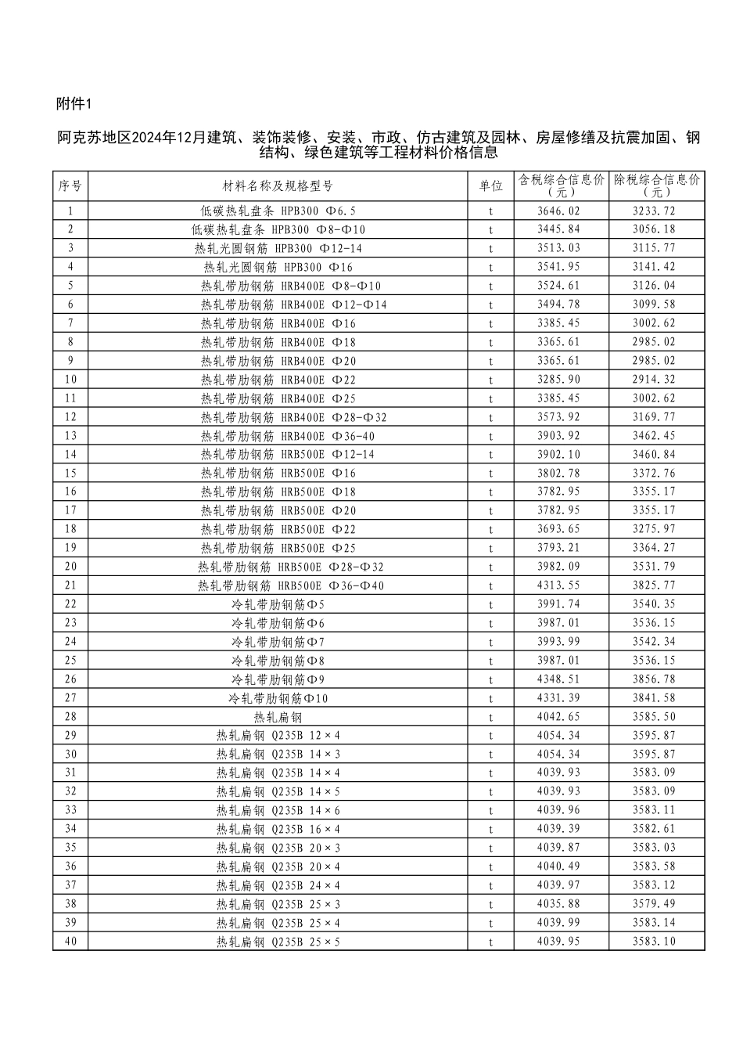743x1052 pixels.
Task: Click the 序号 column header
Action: point(70,186)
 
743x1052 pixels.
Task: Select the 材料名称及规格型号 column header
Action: point(278,186)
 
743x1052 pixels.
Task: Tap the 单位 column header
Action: point(490,186)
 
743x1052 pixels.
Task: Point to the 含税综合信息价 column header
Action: point(561,186)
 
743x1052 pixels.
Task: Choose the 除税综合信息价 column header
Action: point(657,186)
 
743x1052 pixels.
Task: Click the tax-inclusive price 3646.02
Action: point(559,211)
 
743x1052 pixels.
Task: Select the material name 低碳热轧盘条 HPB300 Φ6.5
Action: point(278,211)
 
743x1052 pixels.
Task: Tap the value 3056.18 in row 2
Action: point(654,229)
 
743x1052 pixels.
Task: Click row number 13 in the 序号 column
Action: point(70,436)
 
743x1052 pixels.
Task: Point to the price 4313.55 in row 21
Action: point(559,585)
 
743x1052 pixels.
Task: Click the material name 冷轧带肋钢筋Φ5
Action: point(278,604)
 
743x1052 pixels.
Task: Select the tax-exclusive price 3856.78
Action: point(654,679)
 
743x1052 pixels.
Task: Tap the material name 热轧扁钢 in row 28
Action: point(278,717)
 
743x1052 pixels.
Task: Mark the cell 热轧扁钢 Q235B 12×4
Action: point(278,736)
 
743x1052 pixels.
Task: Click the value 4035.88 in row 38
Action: point(559,904)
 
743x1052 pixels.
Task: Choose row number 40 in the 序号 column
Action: point(70,942)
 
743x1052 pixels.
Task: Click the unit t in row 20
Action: point(490,567)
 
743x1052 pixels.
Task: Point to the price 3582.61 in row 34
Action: point(654,829)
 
